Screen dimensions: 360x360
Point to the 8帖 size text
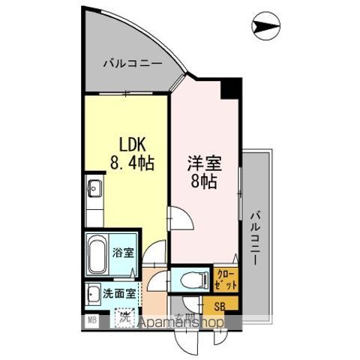203,181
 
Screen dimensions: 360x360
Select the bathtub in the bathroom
98,253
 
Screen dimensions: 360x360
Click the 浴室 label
123,253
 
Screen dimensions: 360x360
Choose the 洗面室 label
118,294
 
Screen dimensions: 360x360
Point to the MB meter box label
92,321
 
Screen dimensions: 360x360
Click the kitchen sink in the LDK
94,188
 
